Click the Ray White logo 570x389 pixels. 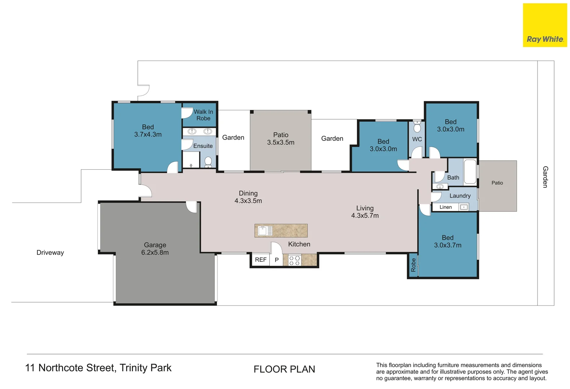pyautogui.click(x=545, y=25)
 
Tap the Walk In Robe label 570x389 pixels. pyautogui.click(x=203, y=115)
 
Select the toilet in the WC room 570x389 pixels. pyautogui.click(x=417, y=127)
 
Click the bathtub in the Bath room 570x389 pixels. pyautogui.click(x=470, y=171)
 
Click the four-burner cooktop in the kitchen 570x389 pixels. pyautogui.click(x=295, y=260)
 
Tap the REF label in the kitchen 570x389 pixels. pyautogui.click(x=261, y=260)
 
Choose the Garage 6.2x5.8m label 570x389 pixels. pyautogui.click(x=155, y=249)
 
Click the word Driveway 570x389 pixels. pyautogui.click(x=50, y=252)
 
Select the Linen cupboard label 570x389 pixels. pyautogui.click(x=446, y=207)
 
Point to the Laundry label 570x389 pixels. pyautogui.click(x=460, y=196)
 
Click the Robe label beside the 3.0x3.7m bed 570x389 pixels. pyautogui.click(x=413, y=265)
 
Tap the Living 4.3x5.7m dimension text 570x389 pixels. pyautogui.click(x=365, y=216)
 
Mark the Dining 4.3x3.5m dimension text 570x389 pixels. pyautogui.click(x=248, y=201)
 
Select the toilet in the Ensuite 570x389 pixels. pyautogui.click(x=208, y=162)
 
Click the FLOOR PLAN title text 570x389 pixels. pyautogui.click(x=284, y=369)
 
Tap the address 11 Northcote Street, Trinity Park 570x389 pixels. pyautogui.click(x=98, y=368)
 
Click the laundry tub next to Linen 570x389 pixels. pyautogui.click(x=464, y=207)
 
